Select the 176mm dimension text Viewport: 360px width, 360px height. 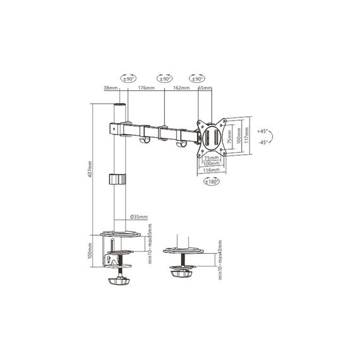click(x=147, y=88)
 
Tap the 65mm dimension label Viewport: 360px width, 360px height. click(x=204, y=88)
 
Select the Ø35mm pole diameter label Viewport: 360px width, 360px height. click(x=139, y=217)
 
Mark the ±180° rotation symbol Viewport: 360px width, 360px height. click(x=212, y=181)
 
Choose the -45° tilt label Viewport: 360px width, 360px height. click(x=263, y=143)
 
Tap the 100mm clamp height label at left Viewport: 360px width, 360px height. click(x=91, y=255)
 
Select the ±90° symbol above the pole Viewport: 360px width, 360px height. click(x=129, y=79)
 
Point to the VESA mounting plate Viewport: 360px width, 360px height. click(x=211, y=136)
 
